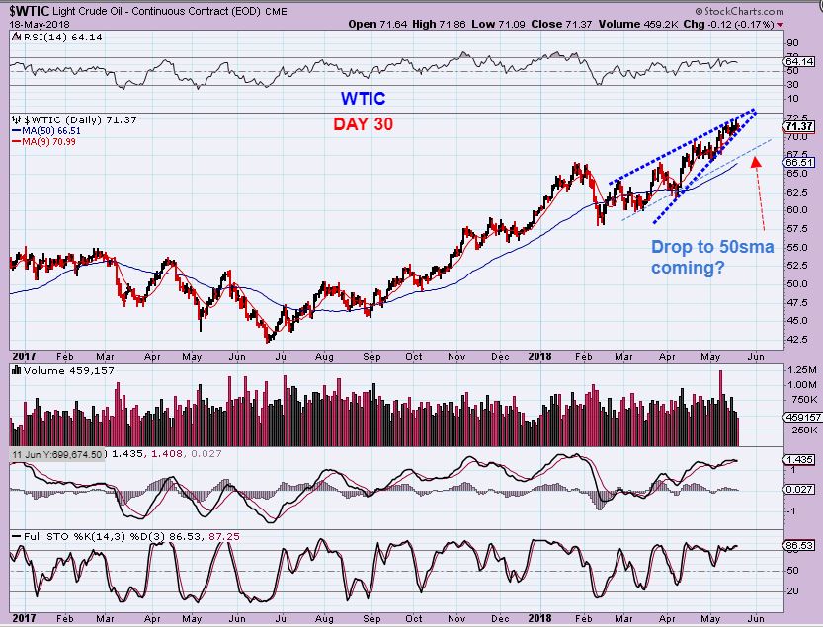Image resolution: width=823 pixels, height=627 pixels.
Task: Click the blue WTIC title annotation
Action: click(363, 99)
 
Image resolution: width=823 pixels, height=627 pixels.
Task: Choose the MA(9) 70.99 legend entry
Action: click(46, 141)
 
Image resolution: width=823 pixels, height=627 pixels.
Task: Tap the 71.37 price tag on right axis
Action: click(797, 126)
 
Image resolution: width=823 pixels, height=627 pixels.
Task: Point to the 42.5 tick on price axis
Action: click(795, 339)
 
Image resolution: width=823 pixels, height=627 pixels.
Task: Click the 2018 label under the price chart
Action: click(537, 355)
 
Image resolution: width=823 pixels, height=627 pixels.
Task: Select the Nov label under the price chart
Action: click(455, 355)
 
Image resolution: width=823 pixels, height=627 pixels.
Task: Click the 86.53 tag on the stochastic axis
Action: click(798, 544)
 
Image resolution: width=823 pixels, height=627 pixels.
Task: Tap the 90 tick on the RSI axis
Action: click(791, 43)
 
